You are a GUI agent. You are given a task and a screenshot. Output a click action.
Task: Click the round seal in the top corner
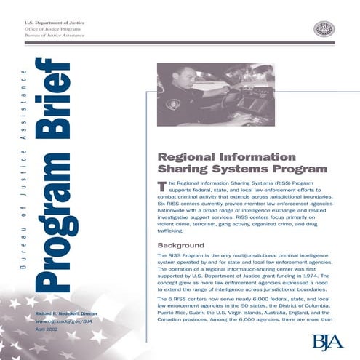tap(324, 29)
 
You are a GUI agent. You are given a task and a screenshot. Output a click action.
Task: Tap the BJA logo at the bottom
tap(327, 341)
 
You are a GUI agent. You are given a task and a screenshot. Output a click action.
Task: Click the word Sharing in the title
tap(181, 169)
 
